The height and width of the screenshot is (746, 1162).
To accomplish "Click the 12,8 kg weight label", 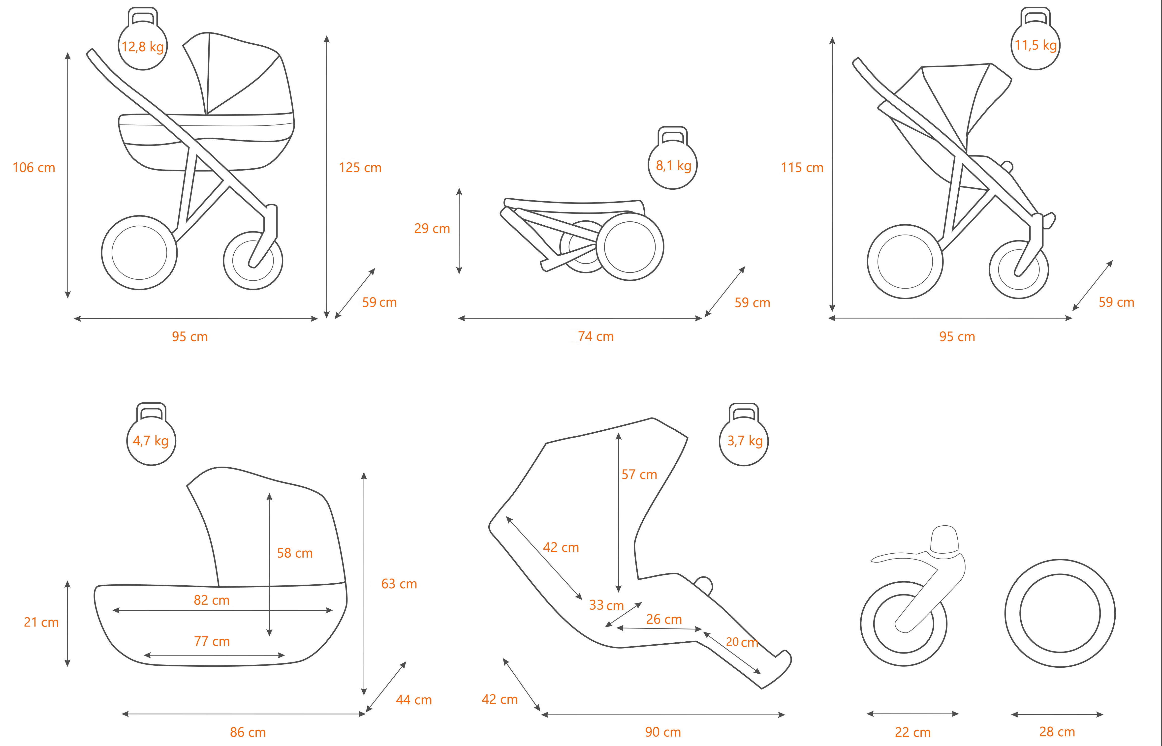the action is pos(142,47).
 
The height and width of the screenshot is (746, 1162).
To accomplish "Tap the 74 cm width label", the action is pos(596,337).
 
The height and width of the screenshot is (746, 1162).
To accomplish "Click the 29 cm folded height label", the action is pos(432,229).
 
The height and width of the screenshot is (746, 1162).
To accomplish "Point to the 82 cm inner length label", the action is pos(211,600).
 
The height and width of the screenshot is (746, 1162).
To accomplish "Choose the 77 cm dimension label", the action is pos(212,641).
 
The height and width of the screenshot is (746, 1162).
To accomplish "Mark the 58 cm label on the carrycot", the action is pos(295,553).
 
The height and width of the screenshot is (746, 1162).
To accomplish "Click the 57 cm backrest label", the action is pos(639,475).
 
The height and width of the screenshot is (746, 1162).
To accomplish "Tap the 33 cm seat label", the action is pos(606,605).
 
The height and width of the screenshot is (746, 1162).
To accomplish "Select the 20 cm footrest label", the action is pos(741,642).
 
